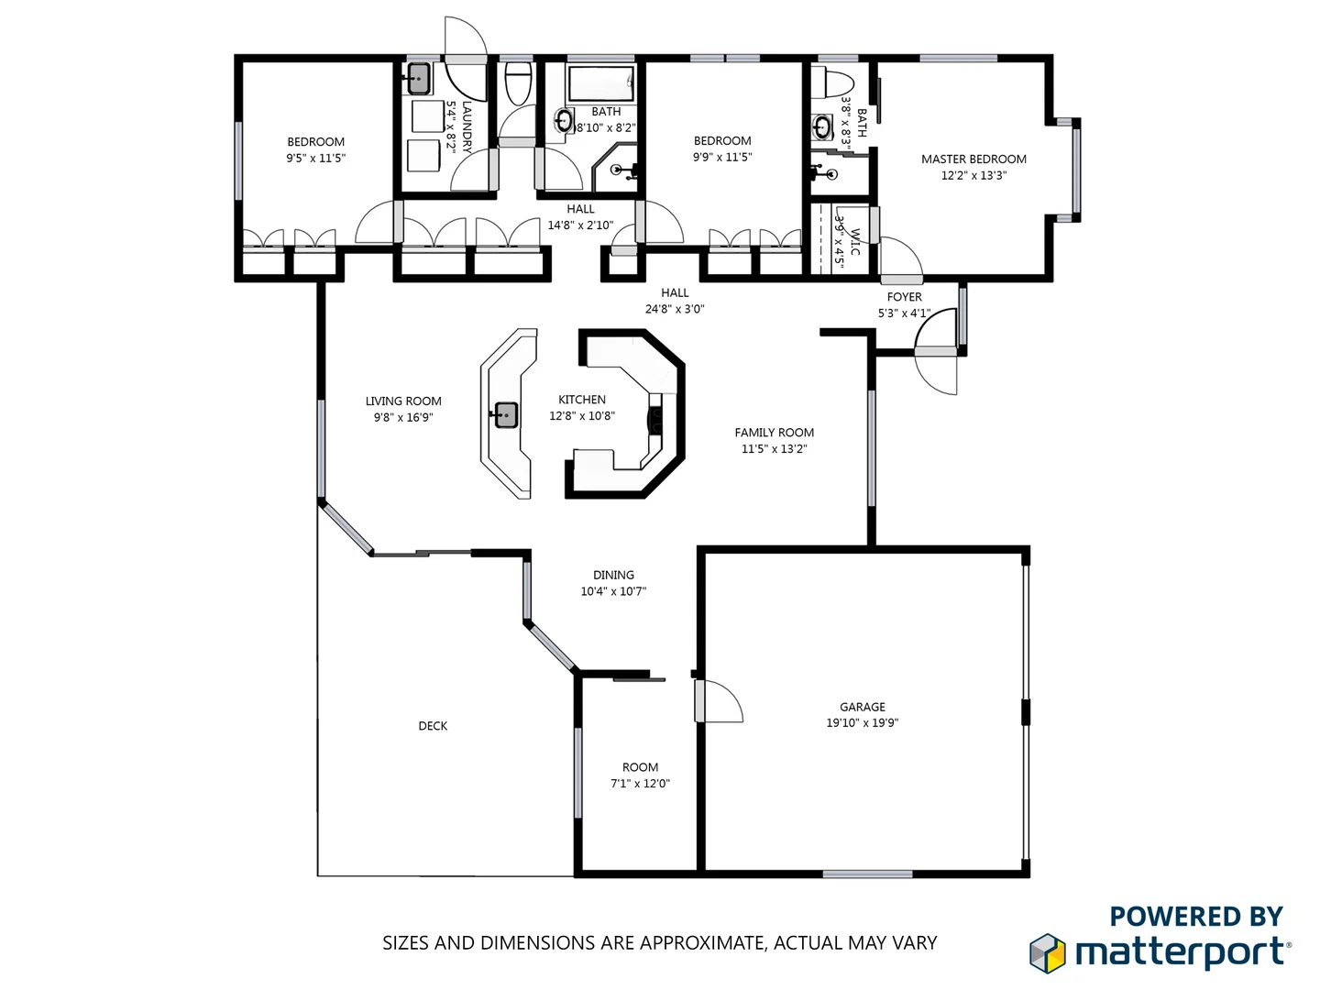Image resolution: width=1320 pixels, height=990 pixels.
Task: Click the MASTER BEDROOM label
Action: point(973,159)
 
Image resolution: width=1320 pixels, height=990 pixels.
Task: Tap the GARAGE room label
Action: point(863,707)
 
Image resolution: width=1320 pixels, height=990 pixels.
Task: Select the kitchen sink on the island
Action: point(505,415)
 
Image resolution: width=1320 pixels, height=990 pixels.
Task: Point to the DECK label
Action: point(433,726)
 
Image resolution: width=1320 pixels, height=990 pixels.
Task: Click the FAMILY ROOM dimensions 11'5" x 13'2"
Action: point(775,449)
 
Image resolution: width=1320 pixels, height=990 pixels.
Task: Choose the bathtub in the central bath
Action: point(600,83)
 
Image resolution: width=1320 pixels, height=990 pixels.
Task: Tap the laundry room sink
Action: point(418,78)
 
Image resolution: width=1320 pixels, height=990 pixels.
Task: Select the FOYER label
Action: point(904,297)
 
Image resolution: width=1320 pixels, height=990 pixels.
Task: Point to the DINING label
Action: point(613,575)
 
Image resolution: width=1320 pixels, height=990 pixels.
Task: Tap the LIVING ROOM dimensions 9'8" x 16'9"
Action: point(403,418)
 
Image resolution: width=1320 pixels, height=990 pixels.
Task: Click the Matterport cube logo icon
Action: point(1047,952)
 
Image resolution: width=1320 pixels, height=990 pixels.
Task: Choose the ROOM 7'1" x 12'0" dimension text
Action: point(640,784)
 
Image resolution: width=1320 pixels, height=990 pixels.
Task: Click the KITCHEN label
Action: point(582,400)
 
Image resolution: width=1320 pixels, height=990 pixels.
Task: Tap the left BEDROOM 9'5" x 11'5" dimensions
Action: point(315,158)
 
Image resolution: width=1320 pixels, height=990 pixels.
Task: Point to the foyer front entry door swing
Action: point(937,371)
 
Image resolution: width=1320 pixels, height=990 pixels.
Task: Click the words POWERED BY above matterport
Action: point(1195,917)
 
